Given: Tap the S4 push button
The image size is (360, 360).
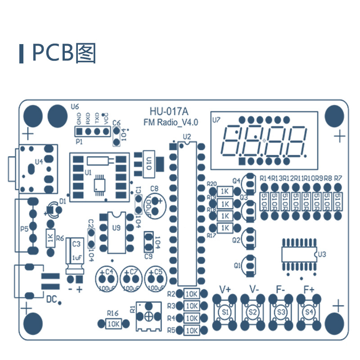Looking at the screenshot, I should tap(309, 311).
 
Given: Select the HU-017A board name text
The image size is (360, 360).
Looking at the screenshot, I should tap(169, 111).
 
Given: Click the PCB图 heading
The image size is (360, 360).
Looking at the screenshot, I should tap(63, 54).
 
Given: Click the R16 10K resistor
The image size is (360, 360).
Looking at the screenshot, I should tap(113, 323).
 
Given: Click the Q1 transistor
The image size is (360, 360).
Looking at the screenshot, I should tap(249, 265).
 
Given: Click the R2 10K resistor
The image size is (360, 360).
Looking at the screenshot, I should tap(191, 294).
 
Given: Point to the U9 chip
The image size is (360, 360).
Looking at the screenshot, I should tap(116, 232).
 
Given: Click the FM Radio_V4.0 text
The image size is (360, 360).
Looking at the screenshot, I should tap(171, 122).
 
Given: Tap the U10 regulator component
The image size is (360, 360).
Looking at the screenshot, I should tap(148, 161).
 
